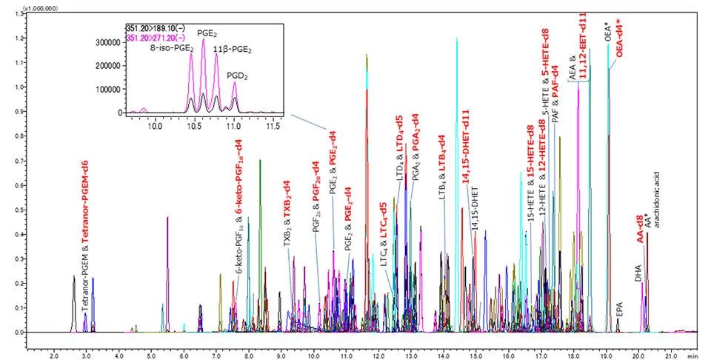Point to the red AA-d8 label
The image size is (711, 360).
coord(640,227)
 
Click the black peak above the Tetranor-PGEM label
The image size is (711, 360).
coord(73,280)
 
